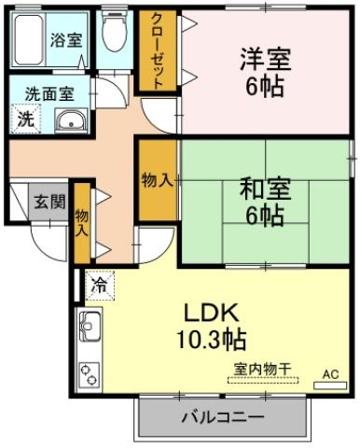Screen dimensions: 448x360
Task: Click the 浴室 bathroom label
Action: point(66,41)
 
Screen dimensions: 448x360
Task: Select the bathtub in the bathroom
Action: point(31,38)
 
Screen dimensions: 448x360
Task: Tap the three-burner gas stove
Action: point(90,373)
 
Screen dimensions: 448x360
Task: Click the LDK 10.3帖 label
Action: point(214,324)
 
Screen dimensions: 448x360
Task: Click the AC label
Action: point(329,373)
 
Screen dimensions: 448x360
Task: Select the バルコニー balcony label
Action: point(224,416)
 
